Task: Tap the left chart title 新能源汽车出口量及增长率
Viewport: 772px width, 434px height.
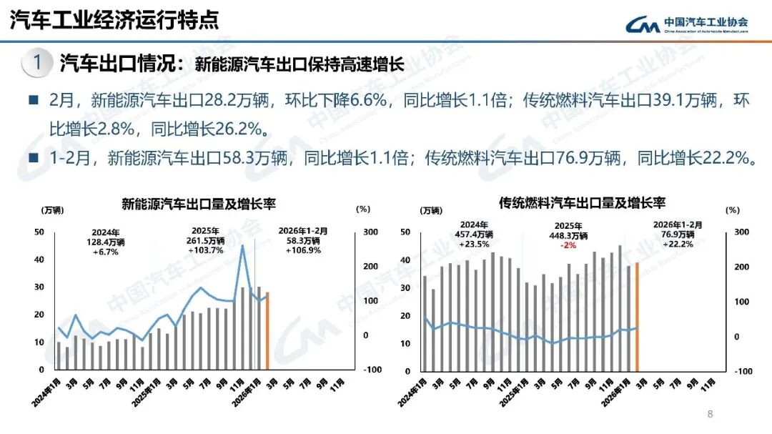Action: point(198,204)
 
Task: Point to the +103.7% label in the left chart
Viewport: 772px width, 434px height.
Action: point(206,250)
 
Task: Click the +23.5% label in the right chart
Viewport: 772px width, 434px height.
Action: point(474,243)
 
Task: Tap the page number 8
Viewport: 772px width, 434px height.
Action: point(710,414)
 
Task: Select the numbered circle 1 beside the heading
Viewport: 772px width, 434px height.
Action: point(36,63)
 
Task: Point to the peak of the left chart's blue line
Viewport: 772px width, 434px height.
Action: point(243,246)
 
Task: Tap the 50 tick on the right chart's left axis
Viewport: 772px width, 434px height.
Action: point(405,232)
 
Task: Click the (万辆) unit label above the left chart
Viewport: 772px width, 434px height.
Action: point(51,209)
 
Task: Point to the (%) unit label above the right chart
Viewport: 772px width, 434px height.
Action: point(732,210)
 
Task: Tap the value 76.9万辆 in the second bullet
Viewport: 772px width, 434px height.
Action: point(588,158)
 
